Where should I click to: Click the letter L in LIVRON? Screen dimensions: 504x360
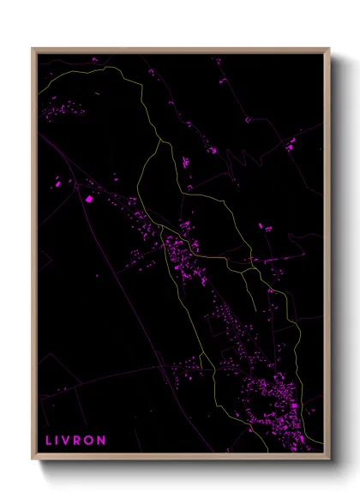click(49, 440)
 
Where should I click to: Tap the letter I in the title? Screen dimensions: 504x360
click(59, 440)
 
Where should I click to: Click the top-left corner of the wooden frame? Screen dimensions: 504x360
click(33, 49)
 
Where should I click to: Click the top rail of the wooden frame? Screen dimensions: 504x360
click(180, 50)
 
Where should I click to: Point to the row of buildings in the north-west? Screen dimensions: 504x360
click(60, 109)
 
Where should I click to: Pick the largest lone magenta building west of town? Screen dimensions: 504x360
click(88, 199)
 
